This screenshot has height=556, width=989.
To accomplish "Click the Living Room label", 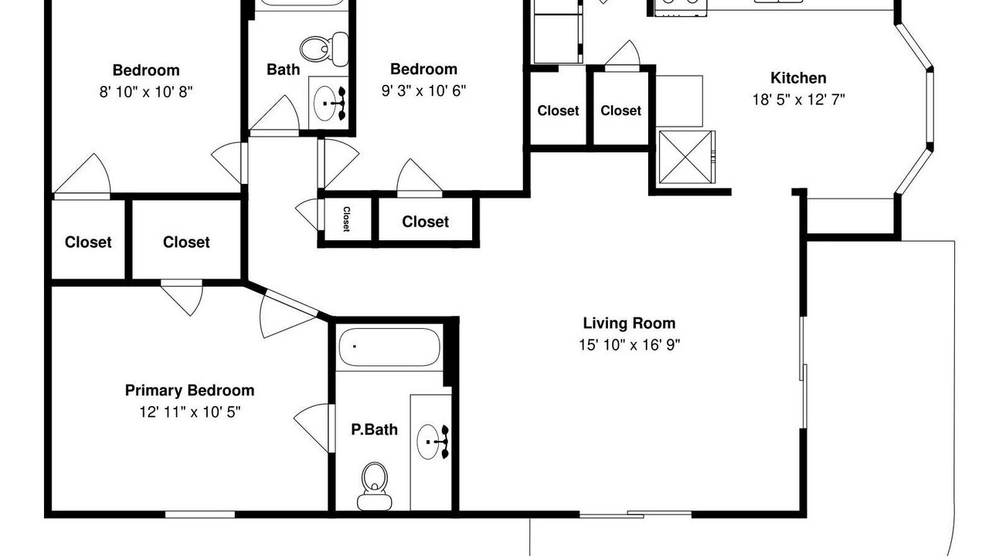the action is point(629,324).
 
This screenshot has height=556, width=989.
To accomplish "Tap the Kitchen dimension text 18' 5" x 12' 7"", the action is point(798,100).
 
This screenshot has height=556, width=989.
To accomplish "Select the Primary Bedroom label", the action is point(189,391).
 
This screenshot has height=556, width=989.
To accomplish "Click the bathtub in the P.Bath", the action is point(389,347).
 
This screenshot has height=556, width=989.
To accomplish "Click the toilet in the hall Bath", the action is point(324,49).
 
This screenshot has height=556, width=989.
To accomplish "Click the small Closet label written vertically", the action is point(347,219).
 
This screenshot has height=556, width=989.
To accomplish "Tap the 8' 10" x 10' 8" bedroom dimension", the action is point(146,92).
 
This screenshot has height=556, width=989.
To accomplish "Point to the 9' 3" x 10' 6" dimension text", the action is point(423,91).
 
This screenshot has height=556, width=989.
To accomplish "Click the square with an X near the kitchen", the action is point(685,157).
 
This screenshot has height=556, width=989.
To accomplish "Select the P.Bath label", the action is point(374,430).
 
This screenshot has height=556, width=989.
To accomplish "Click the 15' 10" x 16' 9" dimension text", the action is point(629,344).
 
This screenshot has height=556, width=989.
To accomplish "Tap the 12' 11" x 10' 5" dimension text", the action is point(190,412).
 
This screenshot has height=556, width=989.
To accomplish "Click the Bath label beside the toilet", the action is point(283,69).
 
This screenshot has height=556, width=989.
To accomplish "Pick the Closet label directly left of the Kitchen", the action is point(620,110).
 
